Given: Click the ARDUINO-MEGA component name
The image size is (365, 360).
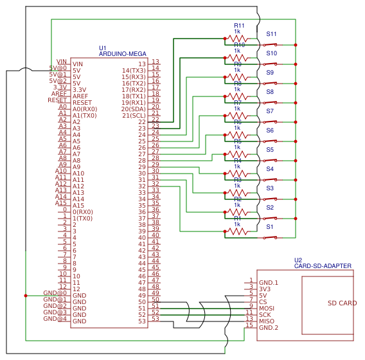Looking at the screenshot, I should coord(123,54).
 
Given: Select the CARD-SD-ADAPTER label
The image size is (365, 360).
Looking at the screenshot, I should coord(323,265).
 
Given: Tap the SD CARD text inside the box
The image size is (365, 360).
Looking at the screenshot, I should coord(342,303).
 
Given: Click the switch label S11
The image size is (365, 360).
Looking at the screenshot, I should coord(271,34).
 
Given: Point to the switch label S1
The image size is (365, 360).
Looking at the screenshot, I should coord(270,227).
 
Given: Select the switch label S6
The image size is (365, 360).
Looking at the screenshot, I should coord(270,130).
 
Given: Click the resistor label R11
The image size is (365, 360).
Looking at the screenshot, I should coord(239,26).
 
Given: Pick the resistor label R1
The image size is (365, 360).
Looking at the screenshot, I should coord(237,219).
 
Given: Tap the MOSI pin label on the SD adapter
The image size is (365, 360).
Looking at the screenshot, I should coord(267,309).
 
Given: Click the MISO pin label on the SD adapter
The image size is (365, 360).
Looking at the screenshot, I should coord(267,321).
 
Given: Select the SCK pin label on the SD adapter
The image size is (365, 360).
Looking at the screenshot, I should coord(265,315).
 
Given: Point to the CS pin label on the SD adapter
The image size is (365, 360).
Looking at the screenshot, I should coord(263,302).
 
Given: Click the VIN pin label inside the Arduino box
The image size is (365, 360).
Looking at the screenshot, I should coord(78,64).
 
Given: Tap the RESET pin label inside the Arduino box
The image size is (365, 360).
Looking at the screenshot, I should coord(82,103).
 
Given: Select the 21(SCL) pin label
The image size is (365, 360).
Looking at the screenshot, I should coord(134,116).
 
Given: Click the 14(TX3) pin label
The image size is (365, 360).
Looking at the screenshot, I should coord(134,71).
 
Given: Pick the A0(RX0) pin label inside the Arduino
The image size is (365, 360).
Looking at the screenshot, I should coord(85,109).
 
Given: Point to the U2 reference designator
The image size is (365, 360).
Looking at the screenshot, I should coord(298,260).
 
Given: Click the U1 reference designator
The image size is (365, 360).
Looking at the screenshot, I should coord(103,48).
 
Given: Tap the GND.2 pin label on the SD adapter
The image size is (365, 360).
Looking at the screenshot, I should coord(269,328).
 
